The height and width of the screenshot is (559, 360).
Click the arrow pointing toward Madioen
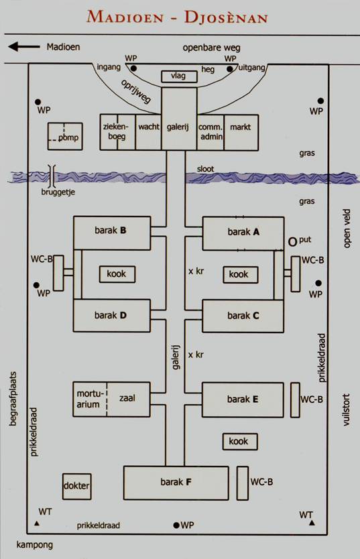pyautogui.click(x=24, y=47)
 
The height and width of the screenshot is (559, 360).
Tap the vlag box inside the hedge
pyautogui.click(x=179, y=76)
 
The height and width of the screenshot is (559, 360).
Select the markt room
pyautogui.click(x=241, y=132)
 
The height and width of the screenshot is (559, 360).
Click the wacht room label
pyautogui.click(x=149, y=127)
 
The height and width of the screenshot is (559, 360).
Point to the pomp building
pyautogui.click(x=65, y=136)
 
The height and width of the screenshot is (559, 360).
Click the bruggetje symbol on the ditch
pyautogui.click(x=52, y=176)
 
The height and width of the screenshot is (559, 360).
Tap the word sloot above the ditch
pyautogui.click(x=205, y=169)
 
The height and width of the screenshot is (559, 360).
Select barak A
pyautogui.click(x=243, y=233)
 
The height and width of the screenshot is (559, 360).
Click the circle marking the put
pyautogui.click(x=292, y=242)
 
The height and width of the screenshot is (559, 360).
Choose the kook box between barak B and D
pyautogui.click(x=117, y=274)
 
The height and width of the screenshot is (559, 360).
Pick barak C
pyautogui.click(x=243, y=316)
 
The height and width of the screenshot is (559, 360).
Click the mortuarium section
pyautogui.click(x=90, y=399)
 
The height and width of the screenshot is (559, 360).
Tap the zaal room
pyautogui.click(x=128, y=399)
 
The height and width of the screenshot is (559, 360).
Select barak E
pyautogui.click(x=243, y=399)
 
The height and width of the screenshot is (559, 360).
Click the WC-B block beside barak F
pyautogui.click(x=243, y=483)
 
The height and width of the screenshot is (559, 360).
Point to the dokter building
pyautogui.click(x=76, y=486)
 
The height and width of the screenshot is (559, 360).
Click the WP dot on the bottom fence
pyautogui.click(x=176, y=525)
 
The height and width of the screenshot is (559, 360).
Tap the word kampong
pyautogui.click(x=35, y=545)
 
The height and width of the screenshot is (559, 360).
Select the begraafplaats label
pyautogui.click(x=13, y=399)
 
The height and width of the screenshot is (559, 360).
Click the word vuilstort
pyautogui.click(x=346, y=410)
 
